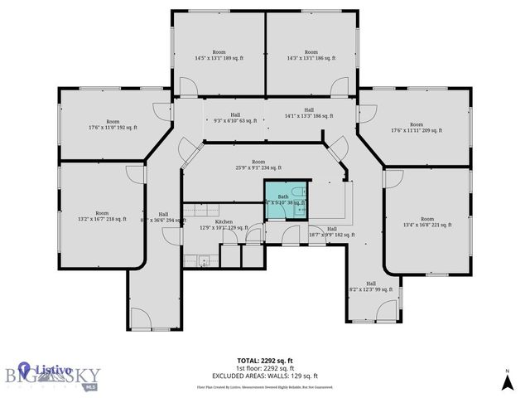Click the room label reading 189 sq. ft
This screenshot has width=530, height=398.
click(219, 55)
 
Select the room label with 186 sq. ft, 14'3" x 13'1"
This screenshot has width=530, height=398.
click(311, 55)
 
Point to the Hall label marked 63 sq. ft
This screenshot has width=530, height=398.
click(235, 119)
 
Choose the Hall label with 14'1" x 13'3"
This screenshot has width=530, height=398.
click(309, 113)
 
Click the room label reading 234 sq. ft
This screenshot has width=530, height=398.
click(258, 166)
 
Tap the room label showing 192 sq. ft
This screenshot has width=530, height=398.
click(113, 124)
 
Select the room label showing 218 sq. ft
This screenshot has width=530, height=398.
click(101, 216)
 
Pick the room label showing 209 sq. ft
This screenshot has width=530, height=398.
click(417, 127)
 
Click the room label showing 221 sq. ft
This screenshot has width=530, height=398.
click(426, 221)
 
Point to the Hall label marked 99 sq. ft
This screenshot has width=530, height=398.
click(371, 286)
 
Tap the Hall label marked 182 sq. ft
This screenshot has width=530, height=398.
click(331, 232)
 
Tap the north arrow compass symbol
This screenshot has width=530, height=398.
click(507, 381)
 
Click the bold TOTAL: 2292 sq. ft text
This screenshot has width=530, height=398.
click(265, 360)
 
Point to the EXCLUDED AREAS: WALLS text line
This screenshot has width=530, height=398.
click(265, 376)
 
